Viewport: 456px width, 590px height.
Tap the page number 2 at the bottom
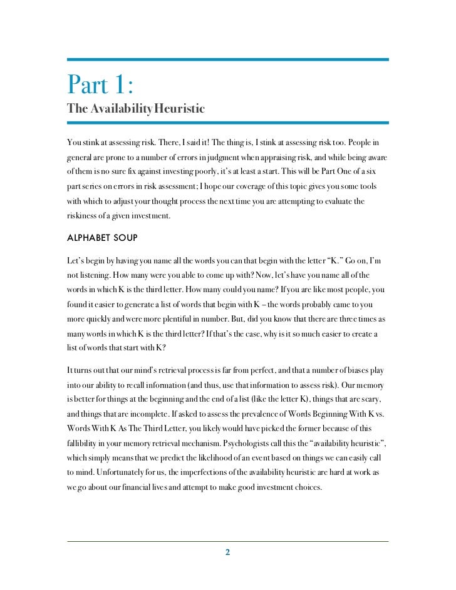point(228,552)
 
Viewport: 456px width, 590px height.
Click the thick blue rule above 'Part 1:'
point(228,60)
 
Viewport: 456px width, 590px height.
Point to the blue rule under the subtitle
point(228,123)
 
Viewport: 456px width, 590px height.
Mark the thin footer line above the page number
point(228,541)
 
